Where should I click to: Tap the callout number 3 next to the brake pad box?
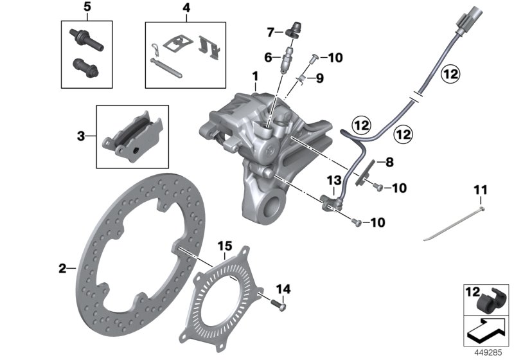[81, 136]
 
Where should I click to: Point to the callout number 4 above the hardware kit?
[186, 8]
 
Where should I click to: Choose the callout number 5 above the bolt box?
[87, 8]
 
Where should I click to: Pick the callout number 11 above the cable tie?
[481, 190]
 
